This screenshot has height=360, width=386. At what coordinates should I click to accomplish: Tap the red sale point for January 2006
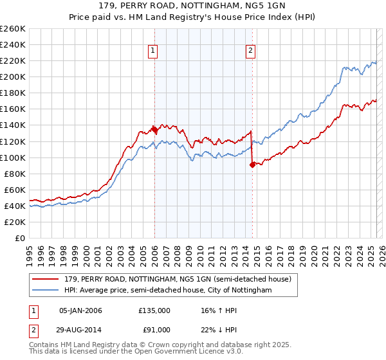[x=154, y=129]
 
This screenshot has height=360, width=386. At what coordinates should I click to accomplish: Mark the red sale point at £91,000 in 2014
[x=252, y=165]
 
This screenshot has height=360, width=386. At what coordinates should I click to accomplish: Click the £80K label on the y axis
[x=15, y=174]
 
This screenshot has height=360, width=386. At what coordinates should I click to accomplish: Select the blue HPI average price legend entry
[x=167, y=291]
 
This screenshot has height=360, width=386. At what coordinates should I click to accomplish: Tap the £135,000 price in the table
[x=154, y=310]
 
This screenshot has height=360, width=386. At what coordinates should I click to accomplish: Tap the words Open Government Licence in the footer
[x=184, y=352]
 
